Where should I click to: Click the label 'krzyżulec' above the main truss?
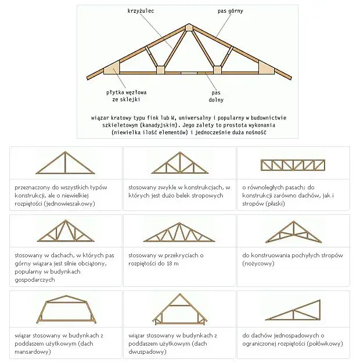(141, 11)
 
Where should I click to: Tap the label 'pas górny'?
(231, 11)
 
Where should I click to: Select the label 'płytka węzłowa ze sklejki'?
(127, 96)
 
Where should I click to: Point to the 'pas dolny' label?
(216, 96)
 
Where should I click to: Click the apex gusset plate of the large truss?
(189, 27)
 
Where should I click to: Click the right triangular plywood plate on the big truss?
(266, 68)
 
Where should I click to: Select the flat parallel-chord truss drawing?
(293, 165)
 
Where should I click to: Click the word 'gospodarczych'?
(35, 280)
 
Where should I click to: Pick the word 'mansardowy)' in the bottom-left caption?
(33, 351)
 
